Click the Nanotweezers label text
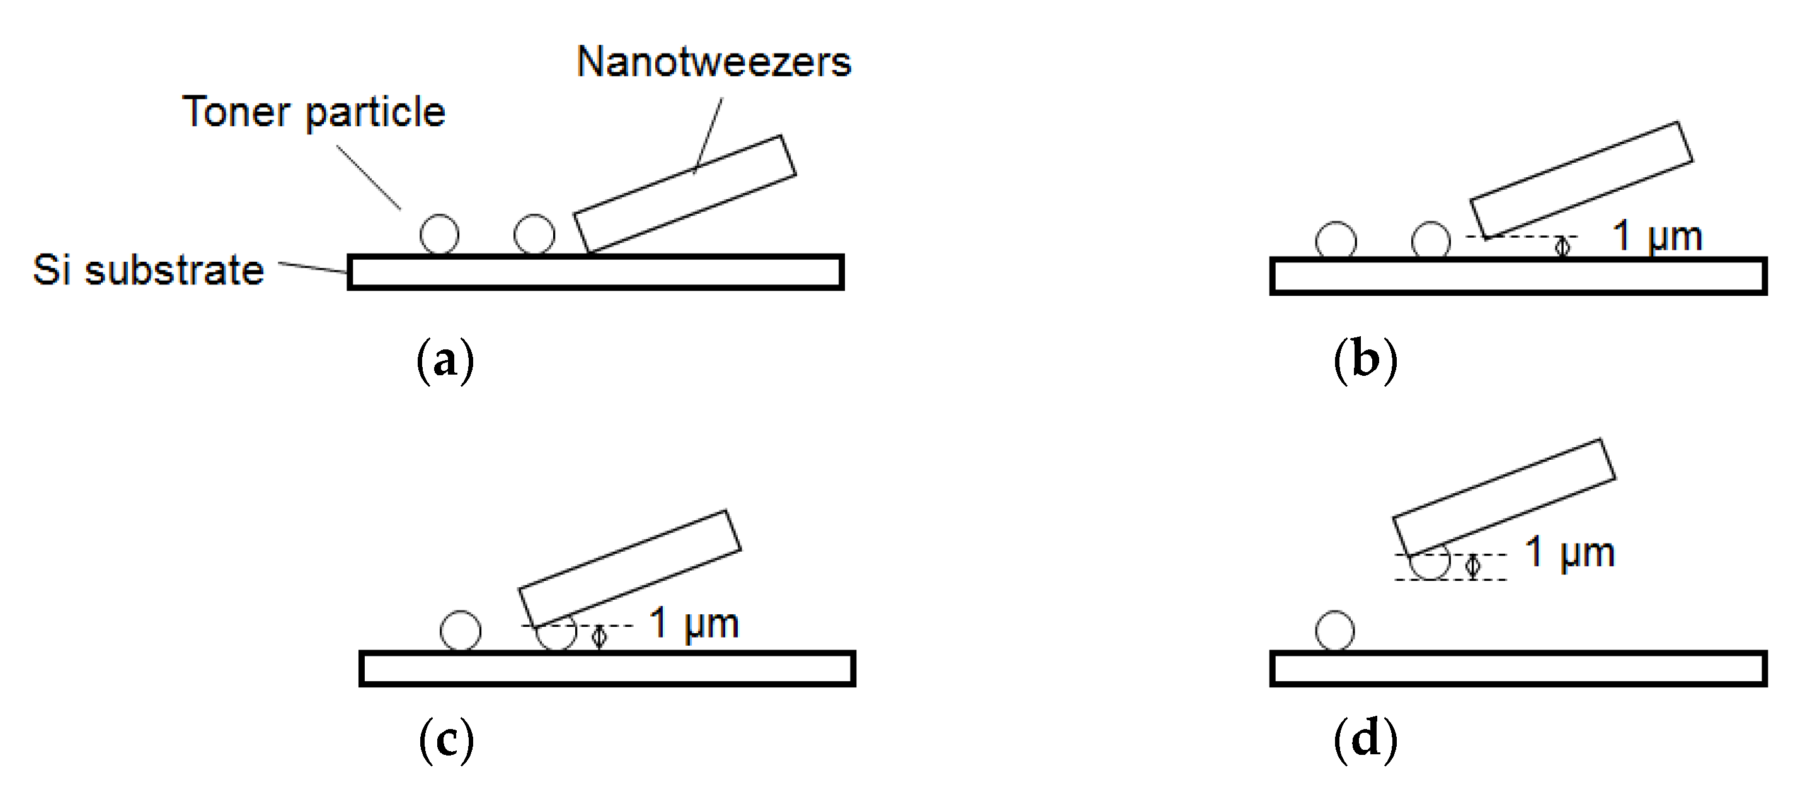[x=713, y=62]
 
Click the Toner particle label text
[x=313, y=112]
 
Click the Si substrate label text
[x=148, y=270]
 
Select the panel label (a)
[x=445, y=361]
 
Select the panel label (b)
[x=1365, y=361]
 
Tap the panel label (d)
[x=1365, y=739]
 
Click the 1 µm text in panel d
[x=1569, y=552]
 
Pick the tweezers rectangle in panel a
[x=685, y=194]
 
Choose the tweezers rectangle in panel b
[x=1581, y=180]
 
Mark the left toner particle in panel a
[x=439, y=233]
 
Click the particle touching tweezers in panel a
[x=534, y=233]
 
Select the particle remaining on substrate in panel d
[x=1334, y=630]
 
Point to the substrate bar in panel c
[x=607, y=668]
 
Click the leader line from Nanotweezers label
[x=708, y=135]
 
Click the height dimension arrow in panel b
[x=1562, y=247]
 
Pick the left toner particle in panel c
[x=461, y=630]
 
